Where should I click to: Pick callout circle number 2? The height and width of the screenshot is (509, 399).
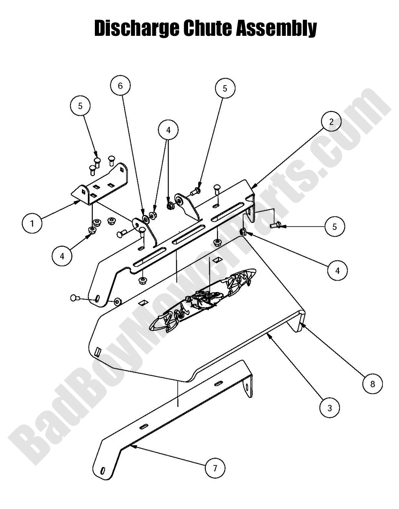331,121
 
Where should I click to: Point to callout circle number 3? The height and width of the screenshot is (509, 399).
330,407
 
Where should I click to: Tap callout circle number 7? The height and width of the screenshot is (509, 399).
215,468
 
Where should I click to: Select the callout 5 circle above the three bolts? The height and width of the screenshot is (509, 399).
80,106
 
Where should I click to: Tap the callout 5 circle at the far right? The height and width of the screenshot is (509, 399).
335,226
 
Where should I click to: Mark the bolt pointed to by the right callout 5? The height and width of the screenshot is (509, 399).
275,224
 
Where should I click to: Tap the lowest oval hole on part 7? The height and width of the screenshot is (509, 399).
103,471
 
